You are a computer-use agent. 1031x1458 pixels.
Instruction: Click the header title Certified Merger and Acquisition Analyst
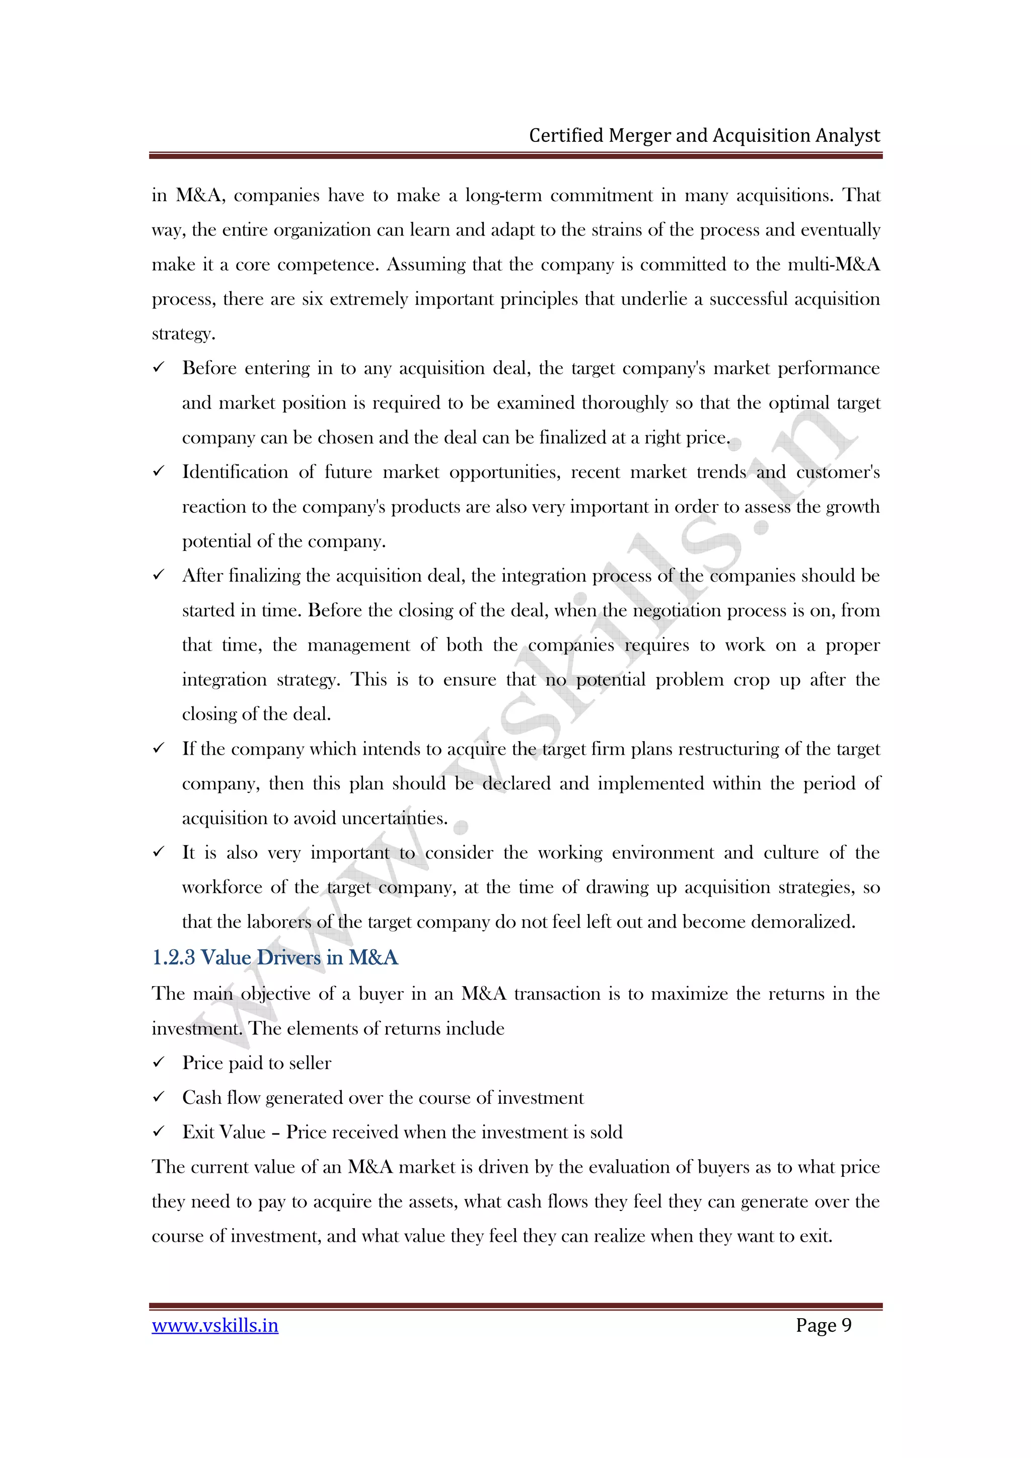[704, 136]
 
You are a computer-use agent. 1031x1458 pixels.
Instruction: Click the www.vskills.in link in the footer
[215, 1325]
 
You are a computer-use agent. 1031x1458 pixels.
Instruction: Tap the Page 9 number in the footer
[823, 1325]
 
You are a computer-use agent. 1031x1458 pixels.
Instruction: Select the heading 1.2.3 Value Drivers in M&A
[275, 957]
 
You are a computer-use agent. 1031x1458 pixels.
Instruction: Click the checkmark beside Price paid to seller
[159, 1063]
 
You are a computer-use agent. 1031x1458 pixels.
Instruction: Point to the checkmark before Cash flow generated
[159, 1097]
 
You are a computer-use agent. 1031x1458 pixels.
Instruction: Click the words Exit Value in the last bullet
[224, 1132]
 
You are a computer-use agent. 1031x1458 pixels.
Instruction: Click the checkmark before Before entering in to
[159, 368]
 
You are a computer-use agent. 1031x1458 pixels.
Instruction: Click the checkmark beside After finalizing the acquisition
[159, 576]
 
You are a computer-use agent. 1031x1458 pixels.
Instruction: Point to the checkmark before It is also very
[159, 852]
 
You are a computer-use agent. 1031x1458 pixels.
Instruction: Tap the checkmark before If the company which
[159, 749]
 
